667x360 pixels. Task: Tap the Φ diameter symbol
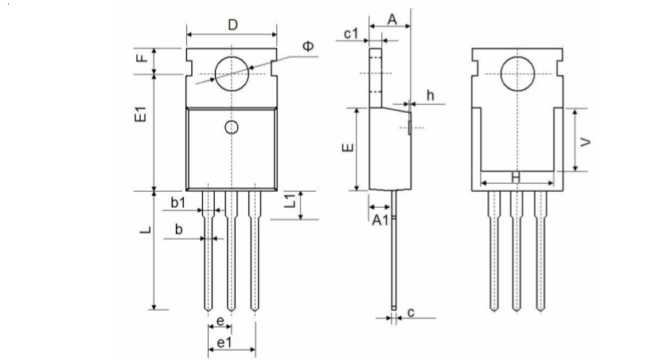coord(308,47)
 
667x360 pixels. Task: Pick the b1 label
coord(178,203)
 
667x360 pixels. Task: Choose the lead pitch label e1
coord(224,342)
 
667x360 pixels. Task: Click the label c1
coord(353,33)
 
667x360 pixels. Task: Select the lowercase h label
coord(430,96)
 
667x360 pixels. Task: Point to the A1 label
coord(380,221)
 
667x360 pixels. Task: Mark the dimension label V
coord(587,141)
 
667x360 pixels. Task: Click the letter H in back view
coord(516,177)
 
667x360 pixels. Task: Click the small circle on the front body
coord(232,127)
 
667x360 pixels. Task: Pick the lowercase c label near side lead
coord(411,313)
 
